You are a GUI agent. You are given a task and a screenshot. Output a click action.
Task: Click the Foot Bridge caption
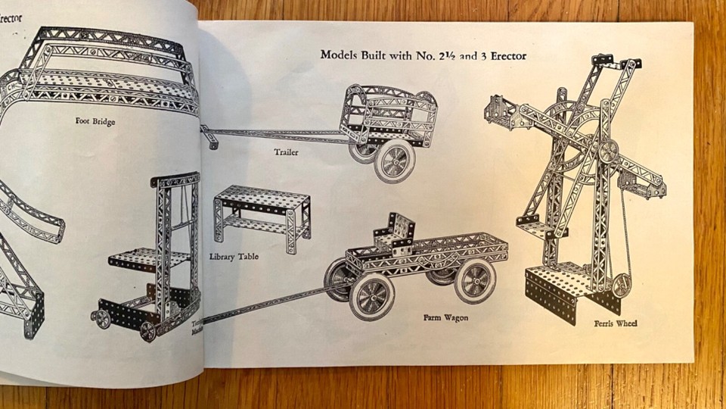[95, 120]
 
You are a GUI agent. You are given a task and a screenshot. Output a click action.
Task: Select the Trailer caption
[286, 152]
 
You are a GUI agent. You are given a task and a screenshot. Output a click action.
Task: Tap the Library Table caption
[234, 257]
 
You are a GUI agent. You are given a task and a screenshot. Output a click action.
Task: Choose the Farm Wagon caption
[445, 317]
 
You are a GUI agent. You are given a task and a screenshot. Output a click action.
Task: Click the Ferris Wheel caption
[615, 323]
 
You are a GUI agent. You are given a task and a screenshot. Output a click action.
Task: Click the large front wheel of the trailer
[395, 161]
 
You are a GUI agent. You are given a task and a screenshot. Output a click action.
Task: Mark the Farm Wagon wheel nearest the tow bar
[371, 296]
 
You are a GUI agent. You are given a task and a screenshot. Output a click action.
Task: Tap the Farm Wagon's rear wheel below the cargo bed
[475, 281]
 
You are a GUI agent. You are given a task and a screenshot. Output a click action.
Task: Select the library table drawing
[262, 216]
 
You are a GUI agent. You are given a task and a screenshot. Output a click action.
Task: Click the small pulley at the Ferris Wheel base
[622, 285]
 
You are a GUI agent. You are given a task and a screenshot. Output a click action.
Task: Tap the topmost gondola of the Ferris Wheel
[615, 64]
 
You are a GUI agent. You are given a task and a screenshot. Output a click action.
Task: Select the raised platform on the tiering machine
[148, 259]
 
